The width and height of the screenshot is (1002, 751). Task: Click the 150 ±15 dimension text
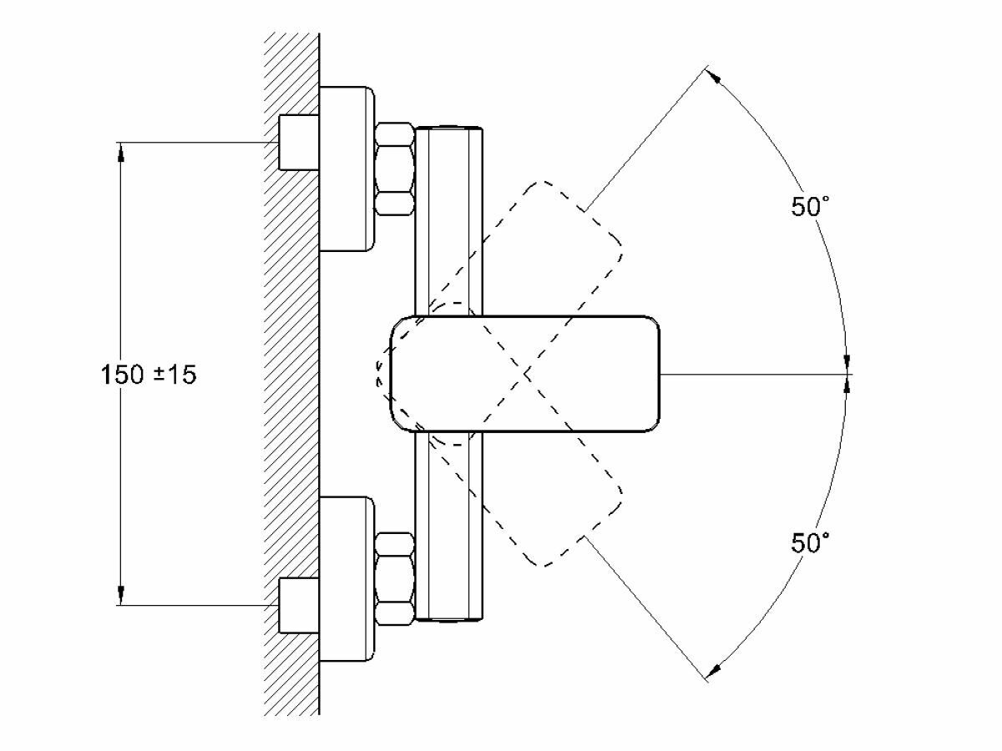click(149, 375)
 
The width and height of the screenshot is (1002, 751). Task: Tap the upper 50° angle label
click(810, 207)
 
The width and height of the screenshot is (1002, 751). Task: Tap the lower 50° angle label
click(810, 542)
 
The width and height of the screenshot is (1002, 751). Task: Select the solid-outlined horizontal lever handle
click(524, 374)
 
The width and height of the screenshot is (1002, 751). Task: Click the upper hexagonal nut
click(394, 169)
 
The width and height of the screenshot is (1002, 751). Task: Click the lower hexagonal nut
click(394, 578)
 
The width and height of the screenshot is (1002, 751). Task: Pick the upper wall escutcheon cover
click(347, 169)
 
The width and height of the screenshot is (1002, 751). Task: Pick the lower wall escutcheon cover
click(347, 578)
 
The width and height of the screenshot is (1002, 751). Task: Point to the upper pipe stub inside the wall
click(299, 142)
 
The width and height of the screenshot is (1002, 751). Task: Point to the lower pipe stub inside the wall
click(299, 605)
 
